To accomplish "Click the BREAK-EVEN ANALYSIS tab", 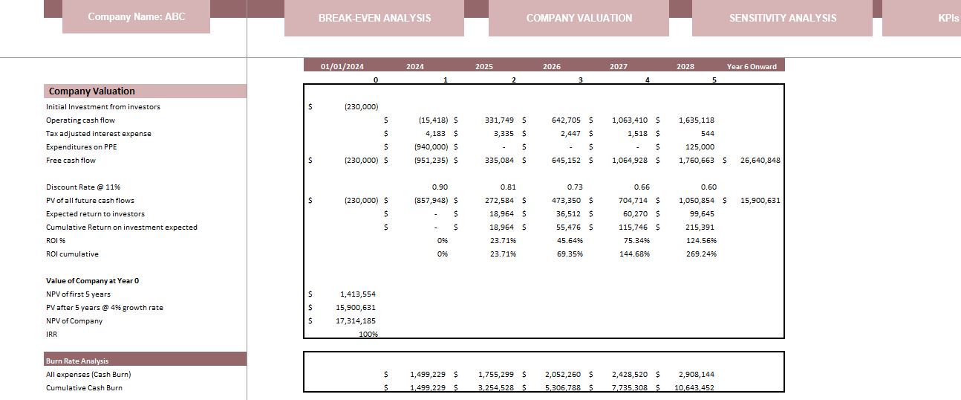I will point(374,18).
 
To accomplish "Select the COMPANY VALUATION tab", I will point(579,18).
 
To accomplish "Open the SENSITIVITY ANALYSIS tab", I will point(782,18).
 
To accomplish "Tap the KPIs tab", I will point(948,18).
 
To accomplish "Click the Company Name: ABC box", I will point(136,16).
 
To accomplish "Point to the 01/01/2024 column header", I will point(342,66).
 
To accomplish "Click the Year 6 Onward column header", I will point(752,66).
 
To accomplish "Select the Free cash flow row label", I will point(71,161).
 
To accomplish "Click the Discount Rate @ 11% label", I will point(83,187).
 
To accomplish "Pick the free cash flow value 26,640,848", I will point(760,161).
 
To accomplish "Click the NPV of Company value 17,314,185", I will point(356,321).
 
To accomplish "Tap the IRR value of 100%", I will point(368,335).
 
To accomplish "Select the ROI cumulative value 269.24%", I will point(701,254).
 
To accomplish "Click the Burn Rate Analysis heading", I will point(77,361).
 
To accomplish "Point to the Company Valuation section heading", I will point(91,91).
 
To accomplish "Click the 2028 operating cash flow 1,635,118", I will point(696,120).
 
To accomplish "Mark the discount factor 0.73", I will point(574,187).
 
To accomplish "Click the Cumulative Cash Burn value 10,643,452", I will point(694,387).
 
